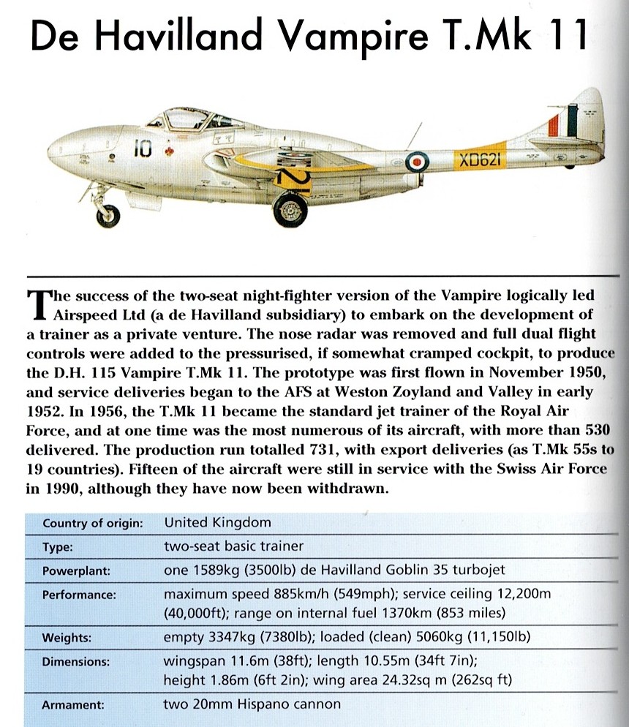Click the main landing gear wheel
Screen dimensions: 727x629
(290, 208)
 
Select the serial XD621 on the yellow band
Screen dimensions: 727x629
(479, 160)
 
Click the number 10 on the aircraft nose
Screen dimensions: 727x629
(142, 149)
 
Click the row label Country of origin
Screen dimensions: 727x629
(92, 524)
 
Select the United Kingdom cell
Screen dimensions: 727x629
(217, 523)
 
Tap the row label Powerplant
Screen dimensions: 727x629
(75, 570)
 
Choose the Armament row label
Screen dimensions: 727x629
(73, 706)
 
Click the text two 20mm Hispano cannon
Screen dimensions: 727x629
(252, 705)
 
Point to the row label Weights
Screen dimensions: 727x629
(67, 638)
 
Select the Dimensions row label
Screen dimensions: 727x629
(76, 661)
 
